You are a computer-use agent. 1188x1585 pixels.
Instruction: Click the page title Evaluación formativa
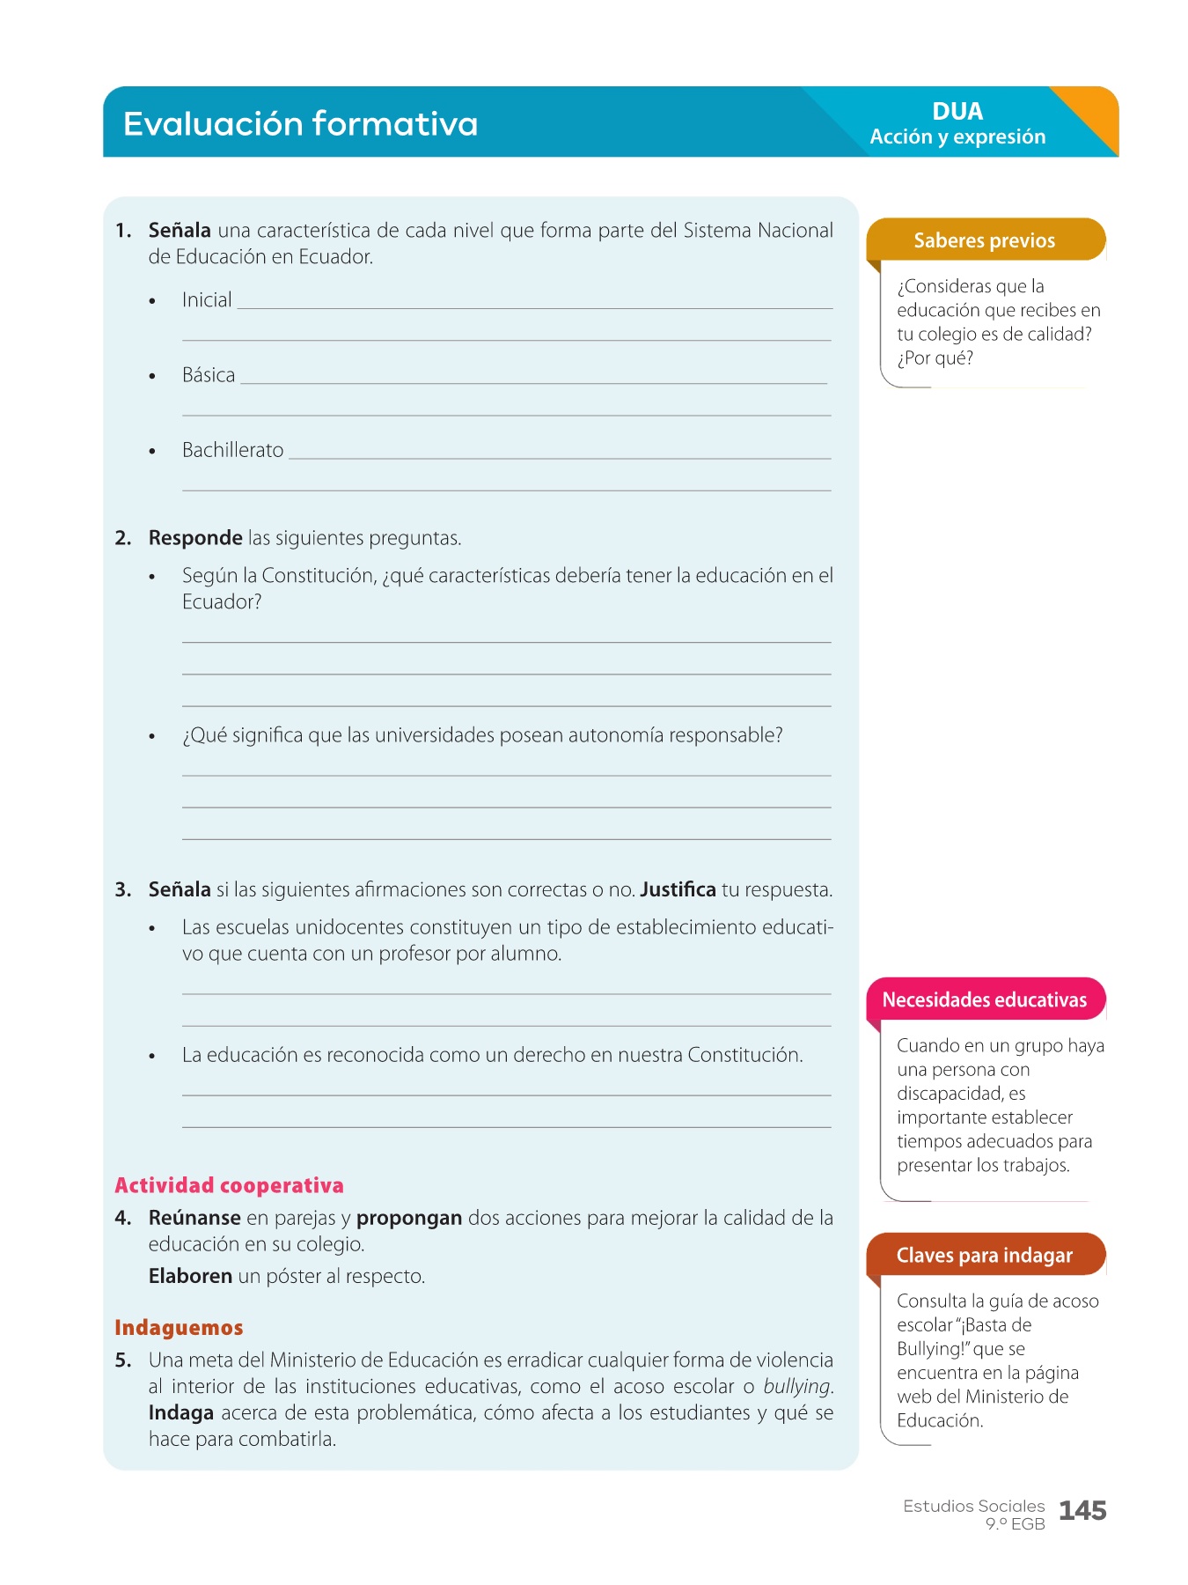pos(300,123)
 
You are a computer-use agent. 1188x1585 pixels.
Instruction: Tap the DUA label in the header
pos(957,112)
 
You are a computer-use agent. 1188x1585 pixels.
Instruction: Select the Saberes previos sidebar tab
pos(984,240)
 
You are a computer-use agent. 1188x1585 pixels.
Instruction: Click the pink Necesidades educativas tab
pos(984,999)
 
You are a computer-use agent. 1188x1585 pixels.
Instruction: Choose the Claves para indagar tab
pos(984,1255)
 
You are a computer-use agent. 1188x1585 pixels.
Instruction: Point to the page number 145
pos(1082,1511)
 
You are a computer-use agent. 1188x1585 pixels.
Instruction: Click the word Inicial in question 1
pos(207,300)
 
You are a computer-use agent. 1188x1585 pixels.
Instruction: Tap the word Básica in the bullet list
pos(209,375)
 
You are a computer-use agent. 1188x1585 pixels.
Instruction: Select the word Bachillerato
pos(232,450)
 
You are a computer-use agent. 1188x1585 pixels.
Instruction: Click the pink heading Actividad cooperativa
pos(229,1185)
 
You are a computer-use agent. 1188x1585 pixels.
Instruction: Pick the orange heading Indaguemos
pos(179,1327)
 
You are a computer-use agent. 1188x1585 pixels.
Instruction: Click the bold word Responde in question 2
pos(195,538)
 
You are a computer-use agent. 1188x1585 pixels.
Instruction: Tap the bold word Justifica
pos(678,889)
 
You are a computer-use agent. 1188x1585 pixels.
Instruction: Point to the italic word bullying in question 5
pos(796,1386)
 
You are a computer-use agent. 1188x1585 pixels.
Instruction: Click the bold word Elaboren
pos(190,1276)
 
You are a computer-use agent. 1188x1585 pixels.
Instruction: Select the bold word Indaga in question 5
pos(180,1412)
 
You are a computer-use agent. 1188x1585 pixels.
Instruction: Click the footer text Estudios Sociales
pos(973,1506)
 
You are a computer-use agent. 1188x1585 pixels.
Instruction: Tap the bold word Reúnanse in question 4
pos(194,1218)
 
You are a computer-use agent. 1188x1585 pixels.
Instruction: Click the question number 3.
pos(122,889)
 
